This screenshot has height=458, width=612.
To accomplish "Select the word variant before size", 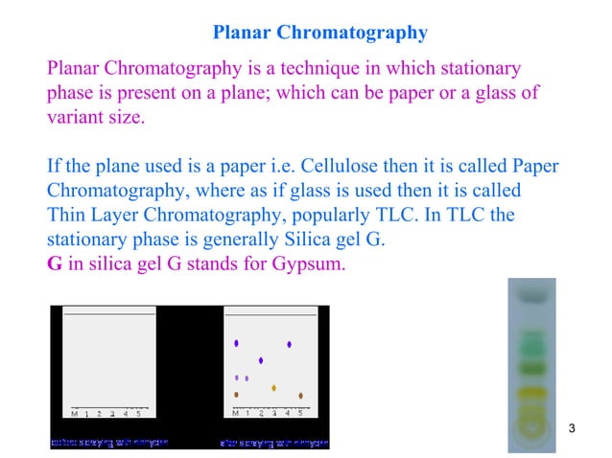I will (81, 120).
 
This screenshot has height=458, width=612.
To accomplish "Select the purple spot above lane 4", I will (289, 344).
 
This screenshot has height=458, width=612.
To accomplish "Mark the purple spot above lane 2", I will (261, 360).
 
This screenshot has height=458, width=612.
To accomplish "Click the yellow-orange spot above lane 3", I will (274, 388).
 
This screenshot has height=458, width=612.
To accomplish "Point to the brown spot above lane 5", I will (301, 395).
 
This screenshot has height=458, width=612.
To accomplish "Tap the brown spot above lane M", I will (236, 394).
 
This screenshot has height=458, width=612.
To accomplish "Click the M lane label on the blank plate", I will (74, 414).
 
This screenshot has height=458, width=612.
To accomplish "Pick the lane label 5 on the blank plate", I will (138, 414).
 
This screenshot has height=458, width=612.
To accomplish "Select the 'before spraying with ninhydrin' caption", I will (108, 443).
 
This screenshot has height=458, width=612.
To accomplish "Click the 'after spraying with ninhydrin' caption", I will (274, 443).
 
